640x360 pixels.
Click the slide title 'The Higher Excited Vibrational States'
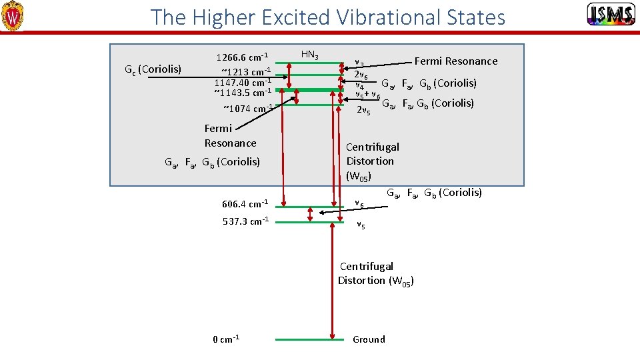coord(328,17)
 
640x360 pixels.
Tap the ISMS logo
coord(610,14)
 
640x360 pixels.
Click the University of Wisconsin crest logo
coord(13,16)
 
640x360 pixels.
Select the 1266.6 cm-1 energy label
coord(243,57)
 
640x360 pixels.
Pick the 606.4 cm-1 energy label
coord(245,203)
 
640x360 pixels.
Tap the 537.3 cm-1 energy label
coord(245,221)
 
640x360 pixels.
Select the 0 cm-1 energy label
coord(226,339)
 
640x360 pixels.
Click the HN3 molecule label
coord(310,54)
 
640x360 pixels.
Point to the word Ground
coord(369,339)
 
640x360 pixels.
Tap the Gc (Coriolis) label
coord(153,69)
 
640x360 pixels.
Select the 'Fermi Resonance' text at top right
coord(456,61)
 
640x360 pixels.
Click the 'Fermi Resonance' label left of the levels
coord(230,135)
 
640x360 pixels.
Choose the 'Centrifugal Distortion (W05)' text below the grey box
coord(375,273)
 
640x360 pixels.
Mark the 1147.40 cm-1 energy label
coord(243,82)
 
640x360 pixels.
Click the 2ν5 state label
coord(363,110)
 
